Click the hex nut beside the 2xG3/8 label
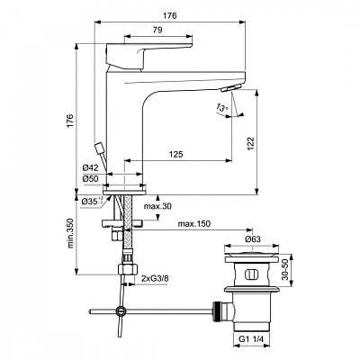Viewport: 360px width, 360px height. pyautogui.click(x=125, y=271)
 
